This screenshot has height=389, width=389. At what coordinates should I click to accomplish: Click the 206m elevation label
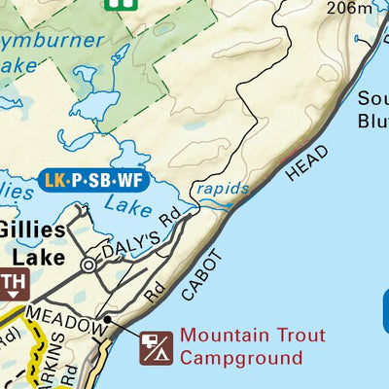click(351, 9)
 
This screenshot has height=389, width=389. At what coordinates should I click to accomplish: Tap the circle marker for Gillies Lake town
click(89, 264)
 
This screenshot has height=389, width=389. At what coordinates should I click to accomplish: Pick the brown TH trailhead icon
click(13, 285)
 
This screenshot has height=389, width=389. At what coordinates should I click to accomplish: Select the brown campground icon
click(156, 346)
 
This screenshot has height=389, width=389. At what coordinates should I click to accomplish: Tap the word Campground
click(241, 358)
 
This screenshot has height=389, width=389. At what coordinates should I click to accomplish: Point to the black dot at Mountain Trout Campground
click(108, 318)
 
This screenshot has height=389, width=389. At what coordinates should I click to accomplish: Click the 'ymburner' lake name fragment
click(53, 41)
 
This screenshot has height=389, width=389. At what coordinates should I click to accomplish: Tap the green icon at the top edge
click(118, 4)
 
